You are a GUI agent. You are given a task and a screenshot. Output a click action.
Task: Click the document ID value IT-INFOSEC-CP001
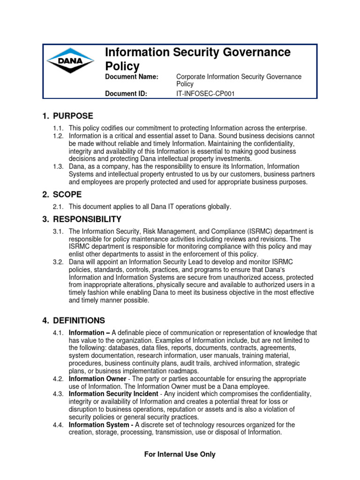click(205, 94)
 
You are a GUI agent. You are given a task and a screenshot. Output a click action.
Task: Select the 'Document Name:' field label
click(132, 77)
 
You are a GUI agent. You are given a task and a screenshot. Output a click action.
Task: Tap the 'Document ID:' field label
click(126, 94)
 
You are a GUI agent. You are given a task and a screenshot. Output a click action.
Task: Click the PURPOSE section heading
click(73, 116)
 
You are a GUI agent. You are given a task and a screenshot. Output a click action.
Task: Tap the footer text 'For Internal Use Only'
click(180, 454)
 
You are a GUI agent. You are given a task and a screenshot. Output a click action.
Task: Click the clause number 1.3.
click(58, 166)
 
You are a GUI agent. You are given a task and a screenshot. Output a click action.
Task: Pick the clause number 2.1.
click(58, 207)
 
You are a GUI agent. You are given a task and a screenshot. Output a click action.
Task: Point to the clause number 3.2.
click(58, 262)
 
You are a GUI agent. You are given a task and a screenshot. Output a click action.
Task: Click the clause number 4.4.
click(58, 425)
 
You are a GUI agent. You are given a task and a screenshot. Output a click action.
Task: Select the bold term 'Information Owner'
click(97, 379)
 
